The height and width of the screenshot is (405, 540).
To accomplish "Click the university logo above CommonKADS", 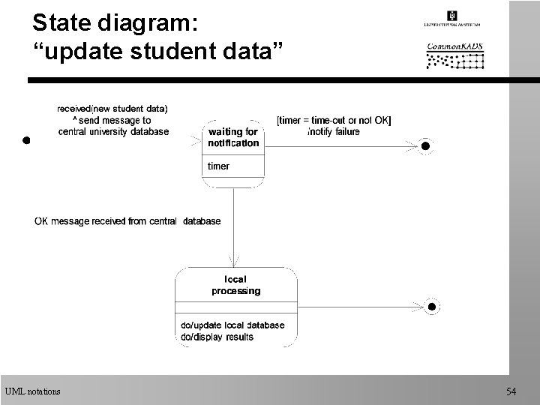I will (x=453, y=19).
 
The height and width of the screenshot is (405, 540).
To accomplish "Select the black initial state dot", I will (x=25, y=139).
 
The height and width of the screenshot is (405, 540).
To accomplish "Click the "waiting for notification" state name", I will (x=233, y=137).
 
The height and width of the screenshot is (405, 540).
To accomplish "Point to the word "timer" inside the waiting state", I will (x=219, y=166).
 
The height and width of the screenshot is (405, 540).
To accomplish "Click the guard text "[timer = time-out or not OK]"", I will (x=334, y=120).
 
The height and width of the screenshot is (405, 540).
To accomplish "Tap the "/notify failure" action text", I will (x=334, y=131).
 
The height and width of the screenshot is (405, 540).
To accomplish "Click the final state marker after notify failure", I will (x=425, y=145).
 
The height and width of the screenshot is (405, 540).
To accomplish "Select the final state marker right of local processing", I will (x=430, y=306).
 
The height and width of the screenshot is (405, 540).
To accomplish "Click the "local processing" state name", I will (x=235, y=285).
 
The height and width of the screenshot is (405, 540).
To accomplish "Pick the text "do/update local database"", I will (x=232, y=325).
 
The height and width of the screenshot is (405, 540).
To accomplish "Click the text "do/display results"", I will (x=217, y=337).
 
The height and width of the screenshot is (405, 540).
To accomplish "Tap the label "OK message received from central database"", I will (x=127, y=221).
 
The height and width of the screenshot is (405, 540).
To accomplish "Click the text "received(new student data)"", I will (x=113, y=108).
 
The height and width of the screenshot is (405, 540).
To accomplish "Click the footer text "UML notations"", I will (x=32, y=391).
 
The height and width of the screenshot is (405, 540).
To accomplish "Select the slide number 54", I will (x=511, y=391).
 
